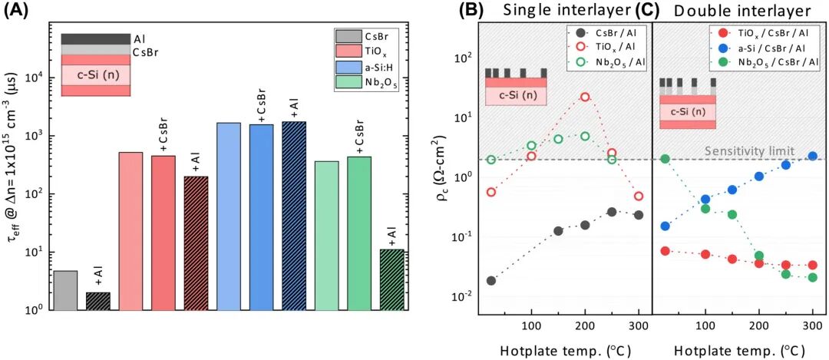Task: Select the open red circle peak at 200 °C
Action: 585,97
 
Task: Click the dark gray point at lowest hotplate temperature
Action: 491,280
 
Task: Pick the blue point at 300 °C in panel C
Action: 813,156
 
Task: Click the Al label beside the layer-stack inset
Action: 138,38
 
